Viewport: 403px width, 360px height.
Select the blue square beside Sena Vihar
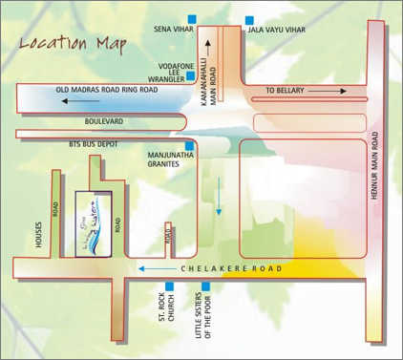193,19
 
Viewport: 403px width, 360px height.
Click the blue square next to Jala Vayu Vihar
249,19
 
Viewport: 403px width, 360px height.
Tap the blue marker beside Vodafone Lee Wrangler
192,75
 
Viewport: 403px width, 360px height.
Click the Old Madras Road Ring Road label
107,90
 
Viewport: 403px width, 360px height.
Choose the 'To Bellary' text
286,90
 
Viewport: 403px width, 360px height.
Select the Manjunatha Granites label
171,158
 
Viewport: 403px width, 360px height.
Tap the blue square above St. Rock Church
170,286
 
